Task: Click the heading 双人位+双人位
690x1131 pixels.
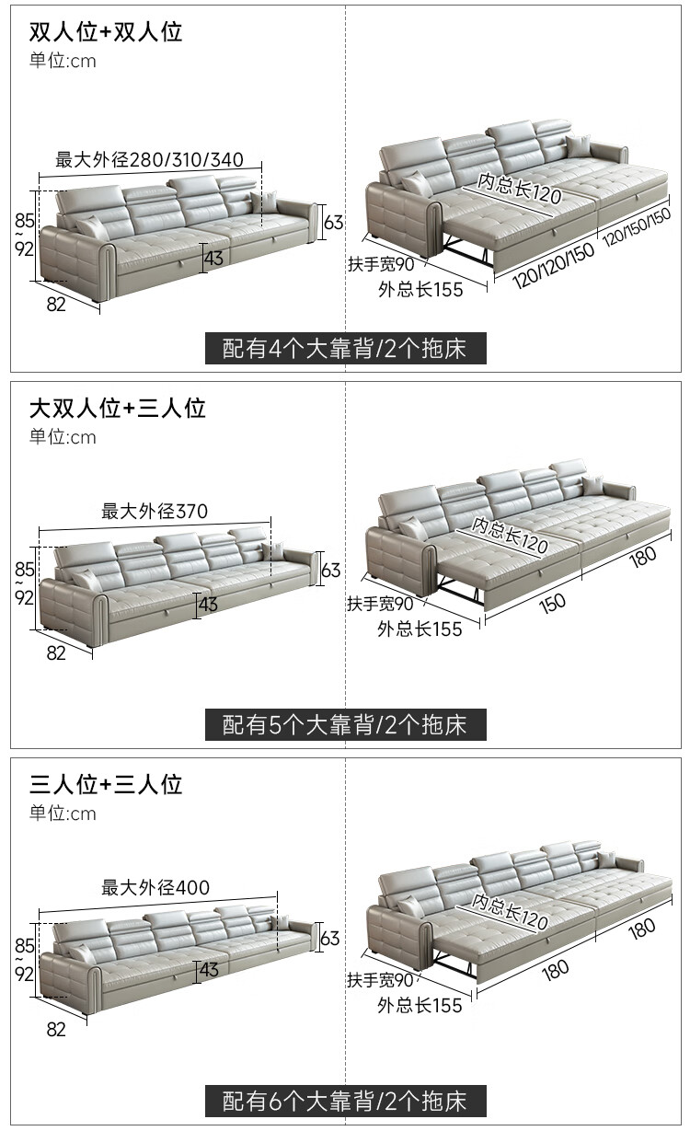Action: [106, 32]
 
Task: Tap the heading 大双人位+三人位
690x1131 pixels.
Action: [117, 408]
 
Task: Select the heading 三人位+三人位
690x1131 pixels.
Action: [106, 784]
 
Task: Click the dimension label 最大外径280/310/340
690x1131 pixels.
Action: [149, 159]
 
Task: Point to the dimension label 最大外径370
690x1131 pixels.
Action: [155, 511]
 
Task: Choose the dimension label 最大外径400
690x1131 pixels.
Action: [155, 887]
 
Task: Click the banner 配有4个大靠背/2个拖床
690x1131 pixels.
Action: [345, 349]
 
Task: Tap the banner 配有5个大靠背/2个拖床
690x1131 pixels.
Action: [345, 724]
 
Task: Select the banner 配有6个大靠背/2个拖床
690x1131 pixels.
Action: [345, 1101]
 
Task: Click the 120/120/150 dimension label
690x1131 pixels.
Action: [553, 266]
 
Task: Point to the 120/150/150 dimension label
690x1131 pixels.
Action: [637, 226]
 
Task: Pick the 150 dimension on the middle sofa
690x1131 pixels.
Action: [552, 604]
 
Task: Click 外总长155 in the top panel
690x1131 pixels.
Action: [420, 290]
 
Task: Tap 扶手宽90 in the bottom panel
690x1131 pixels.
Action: [380, 980]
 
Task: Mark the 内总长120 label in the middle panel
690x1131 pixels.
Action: [510, 535]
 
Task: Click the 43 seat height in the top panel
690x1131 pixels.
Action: [213, 258]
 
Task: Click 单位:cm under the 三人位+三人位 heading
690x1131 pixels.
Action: [63, 814]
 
